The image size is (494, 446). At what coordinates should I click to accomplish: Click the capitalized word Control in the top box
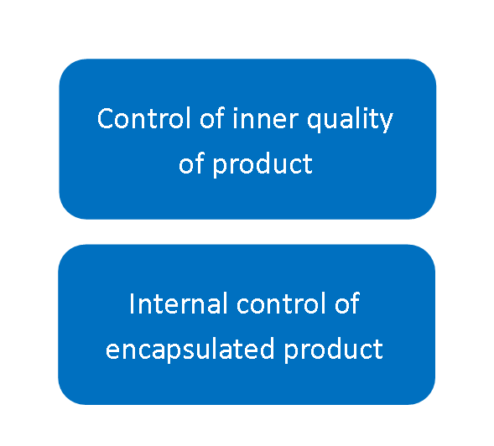[144, 118]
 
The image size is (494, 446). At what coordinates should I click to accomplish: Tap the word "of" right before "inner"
[212, 118]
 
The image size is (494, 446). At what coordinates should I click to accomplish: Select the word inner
[265, 119]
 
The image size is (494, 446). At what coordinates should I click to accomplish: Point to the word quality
[350, 120]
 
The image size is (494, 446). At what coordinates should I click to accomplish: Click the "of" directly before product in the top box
[191, 163]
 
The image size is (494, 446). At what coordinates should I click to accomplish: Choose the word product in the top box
[263, 165]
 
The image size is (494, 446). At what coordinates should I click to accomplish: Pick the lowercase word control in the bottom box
[281, 303]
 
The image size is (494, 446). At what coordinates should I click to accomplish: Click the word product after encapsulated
[333, 350]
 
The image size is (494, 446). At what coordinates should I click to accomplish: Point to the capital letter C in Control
[105, 118]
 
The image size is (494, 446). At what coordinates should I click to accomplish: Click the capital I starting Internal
[132, 303]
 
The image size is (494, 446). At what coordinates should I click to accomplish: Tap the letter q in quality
[315, 122]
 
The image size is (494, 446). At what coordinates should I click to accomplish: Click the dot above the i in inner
[235, 110]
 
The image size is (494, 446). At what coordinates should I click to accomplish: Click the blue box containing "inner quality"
[247, 139]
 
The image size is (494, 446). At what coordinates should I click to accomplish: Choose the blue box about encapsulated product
[247, 324]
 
